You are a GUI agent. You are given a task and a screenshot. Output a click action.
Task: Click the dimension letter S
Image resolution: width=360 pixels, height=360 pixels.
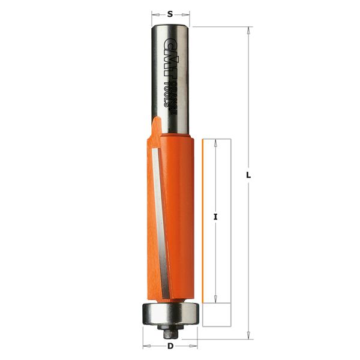[x=170, y=13]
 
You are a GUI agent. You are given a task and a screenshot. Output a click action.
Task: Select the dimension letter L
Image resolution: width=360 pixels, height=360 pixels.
[x=248, y=175]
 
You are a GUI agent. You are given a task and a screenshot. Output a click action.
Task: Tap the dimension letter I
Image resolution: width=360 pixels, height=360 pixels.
[x=215, y=217]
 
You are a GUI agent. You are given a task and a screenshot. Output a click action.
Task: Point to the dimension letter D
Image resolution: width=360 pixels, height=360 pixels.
[x=170, y=346]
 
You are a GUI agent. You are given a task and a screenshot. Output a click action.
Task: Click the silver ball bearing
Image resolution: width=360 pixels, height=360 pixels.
[x=170, y=313]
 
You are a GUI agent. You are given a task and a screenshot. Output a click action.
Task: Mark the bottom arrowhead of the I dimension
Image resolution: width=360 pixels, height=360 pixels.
[x=215, y=297]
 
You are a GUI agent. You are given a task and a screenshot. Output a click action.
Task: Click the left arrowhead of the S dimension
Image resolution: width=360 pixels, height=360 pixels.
[x=154, y=13]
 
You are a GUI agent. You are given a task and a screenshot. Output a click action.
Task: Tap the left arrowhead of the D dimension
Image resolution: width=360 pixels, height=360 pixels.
[x=146, y=346]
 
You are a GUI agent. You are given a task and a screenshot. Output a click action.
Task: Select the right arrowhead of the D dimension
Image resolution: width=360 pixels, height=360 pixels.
[x=195, y=346]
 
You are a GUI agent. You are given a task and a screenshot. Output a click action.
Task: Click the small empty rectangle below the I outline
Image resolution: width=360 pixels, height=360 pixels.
[x=217, y=313]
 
